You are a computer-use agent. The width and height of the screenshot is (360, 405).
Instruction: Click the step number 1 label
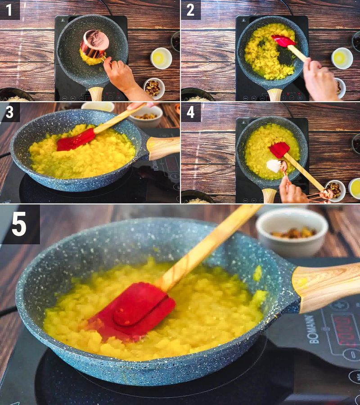click(x=9, y=9)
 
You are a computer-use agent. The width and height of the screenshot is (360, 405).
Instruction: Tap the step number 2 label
click(x=190, y=9)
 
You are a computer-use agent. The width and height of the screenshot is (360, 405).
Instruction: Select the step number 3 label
click(x=9, y=112)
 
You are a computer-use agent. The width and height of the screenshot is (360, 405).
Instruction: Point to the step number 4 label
click(x=190, y=112)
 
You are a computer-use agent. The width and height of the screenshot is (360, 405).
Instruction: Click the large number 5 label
click(x=19, y=224)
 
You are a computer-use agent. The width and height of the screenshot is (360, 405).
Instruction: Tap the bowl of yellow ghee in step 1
click(x=161, y=58)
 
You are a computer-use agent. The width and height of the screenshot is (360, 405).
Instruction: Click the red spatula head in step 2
click(x=283, y=40)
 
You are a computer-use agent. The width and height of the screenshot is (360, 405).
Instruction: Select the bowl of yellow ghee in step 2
click(x=342, y=58)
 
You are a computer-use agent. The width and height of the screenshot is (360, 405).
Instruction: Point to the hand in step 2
click(x=320, y=81)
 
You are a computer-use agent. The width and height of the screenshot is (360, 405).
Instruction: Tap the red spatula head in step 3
click(x=75, y=139)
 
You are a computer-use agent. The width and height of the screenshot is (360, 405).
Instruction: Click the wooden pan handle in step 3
click(x=163, y=147)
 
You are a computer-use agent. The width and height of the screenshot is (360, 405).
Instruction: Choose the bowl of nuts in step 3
click(x=145, y=116)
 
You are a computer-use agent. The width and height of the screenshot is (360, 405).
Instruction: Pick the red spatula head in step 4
click(x=279, y=149)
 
